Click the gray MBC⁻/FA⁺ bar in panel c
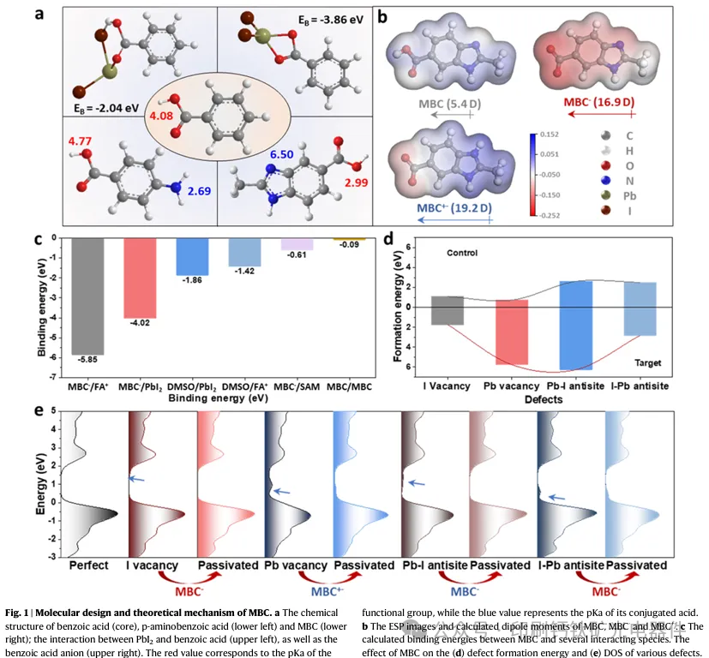click(x=87, y=296)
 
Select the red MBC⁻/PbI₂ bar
click(x=140, y=278)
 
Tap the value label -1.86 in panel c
click(x=192, y=281)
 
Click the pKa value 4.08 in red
click(x=163, y=115)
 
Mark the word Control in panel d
click(x=462, y=254)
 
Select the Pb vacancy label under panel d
click(x=514, y=386)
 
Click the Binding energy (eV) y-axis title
click(x=40, y=308)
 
